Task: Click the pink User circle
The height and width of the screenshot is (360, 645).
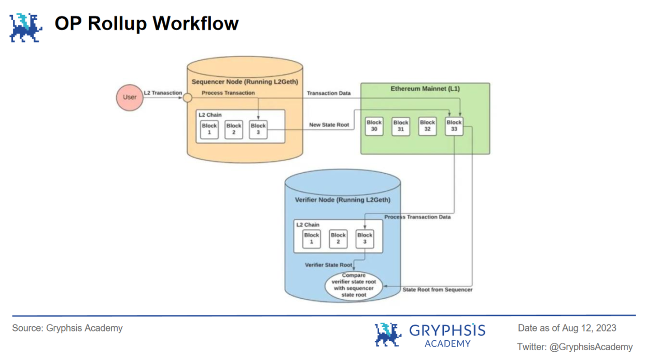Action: coord(129,98)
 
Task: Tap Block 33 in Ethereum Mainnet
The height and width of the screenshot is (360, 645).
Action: coord(454,126)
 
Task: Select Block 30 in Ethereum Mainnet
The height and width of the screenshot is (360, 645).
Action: coord(374,126)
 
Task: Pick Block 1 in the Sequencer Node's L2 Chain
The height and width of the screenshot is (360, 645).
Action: coord(209,129)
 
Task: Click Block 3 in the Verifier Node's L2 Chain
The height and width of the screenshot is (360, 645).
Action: coord(364,239)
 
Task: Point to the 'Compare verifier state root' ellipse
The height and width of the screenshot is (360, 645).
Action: coord(354,285)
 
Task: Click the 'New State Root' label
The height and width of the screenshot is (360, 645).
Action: coord(329,125)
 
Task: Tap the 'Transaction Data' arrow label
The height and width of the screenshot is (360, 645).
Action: coord(329,93)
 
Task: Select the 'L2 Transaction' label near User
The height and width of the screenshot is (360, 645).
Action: coord(163,93)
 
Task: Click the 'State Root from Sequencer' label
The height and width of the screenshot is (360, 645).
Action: coord(438,289)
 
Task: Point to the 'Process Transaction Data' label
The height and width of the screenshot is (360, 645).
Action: coord(417,217)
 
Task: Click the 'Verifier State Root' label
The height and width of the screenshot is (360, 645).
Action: coord(329,265)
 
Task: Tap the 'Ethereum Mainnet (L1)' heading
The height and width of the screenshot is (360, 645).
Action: coord(425,89)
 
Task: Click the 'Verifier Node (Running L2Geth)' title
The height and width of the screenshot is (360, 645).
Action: coord(343,200)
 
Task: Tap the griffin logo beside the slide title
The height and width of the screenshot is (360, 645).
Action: coord(25,27)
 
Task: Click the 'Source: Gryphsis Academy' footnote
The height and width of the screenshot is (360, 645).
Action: coord(67,328)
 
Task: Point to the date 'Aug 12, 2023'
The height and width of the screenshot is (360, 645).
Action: coord(590,328)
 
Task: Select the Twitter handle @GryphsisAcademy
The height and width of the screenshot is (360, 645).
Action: coord(591,347)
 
